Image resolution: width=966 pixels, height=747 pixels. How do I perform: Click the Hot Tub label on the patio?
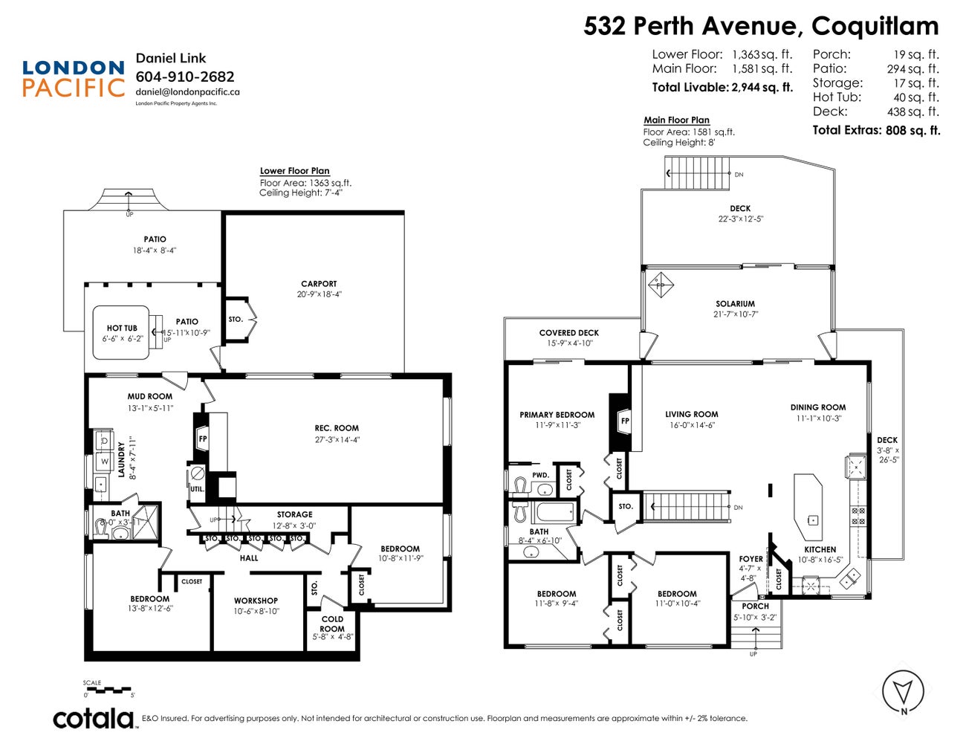tap(122, 328)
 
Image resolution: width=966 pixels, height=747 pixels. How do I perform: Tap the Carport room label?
tap(319, 284)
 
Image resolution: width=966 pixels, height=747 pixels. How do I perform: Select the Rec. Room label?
tap(336, 428)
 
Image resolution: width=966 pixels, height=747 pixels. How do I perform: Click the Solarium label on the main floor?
tap(735, 304)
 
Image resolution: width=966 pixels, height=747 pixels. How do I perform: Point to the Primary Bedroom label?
tap(557, 415)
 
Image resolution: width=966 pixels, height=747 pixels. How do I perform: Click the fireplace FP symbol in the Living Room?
tap(624, 421)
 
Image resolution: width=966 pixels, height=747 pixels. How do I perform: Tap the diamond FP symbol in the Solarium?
tap(659, 285)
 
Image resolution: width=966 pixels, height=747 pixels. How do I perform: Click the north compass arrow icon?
tap(904, 691)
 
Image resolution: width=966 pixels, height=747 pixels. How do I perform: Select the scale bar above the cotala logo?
tap(108, 691)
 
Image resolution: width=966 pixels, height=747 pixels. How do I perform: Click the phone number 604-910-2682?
tap(184, 77)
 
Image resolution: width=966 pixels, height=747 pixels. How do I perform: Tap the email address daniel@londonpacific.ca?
tap(187, 92)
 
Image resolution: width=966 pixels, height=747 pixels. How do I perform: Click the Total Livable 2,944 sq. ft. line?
tap(722, 87)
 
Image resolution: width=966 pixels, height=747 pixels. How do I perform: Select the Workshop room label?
tap(256, 601)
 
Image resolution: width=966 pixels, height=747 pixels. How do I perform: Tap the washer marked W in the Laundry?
tap(105, 462)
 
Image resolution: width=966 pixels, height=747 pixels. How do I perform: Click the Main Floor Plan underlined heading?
tap(676, 120)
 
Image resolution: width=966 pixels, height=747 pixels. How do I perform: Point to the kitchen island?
tap(808, 508)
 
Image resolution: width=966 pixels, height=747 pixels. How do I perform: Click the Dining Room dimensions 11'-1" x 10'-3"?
tap(817, 418)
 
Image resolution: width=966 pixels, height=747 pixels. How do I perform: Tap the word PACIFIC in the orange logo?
tap(74, 88)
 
